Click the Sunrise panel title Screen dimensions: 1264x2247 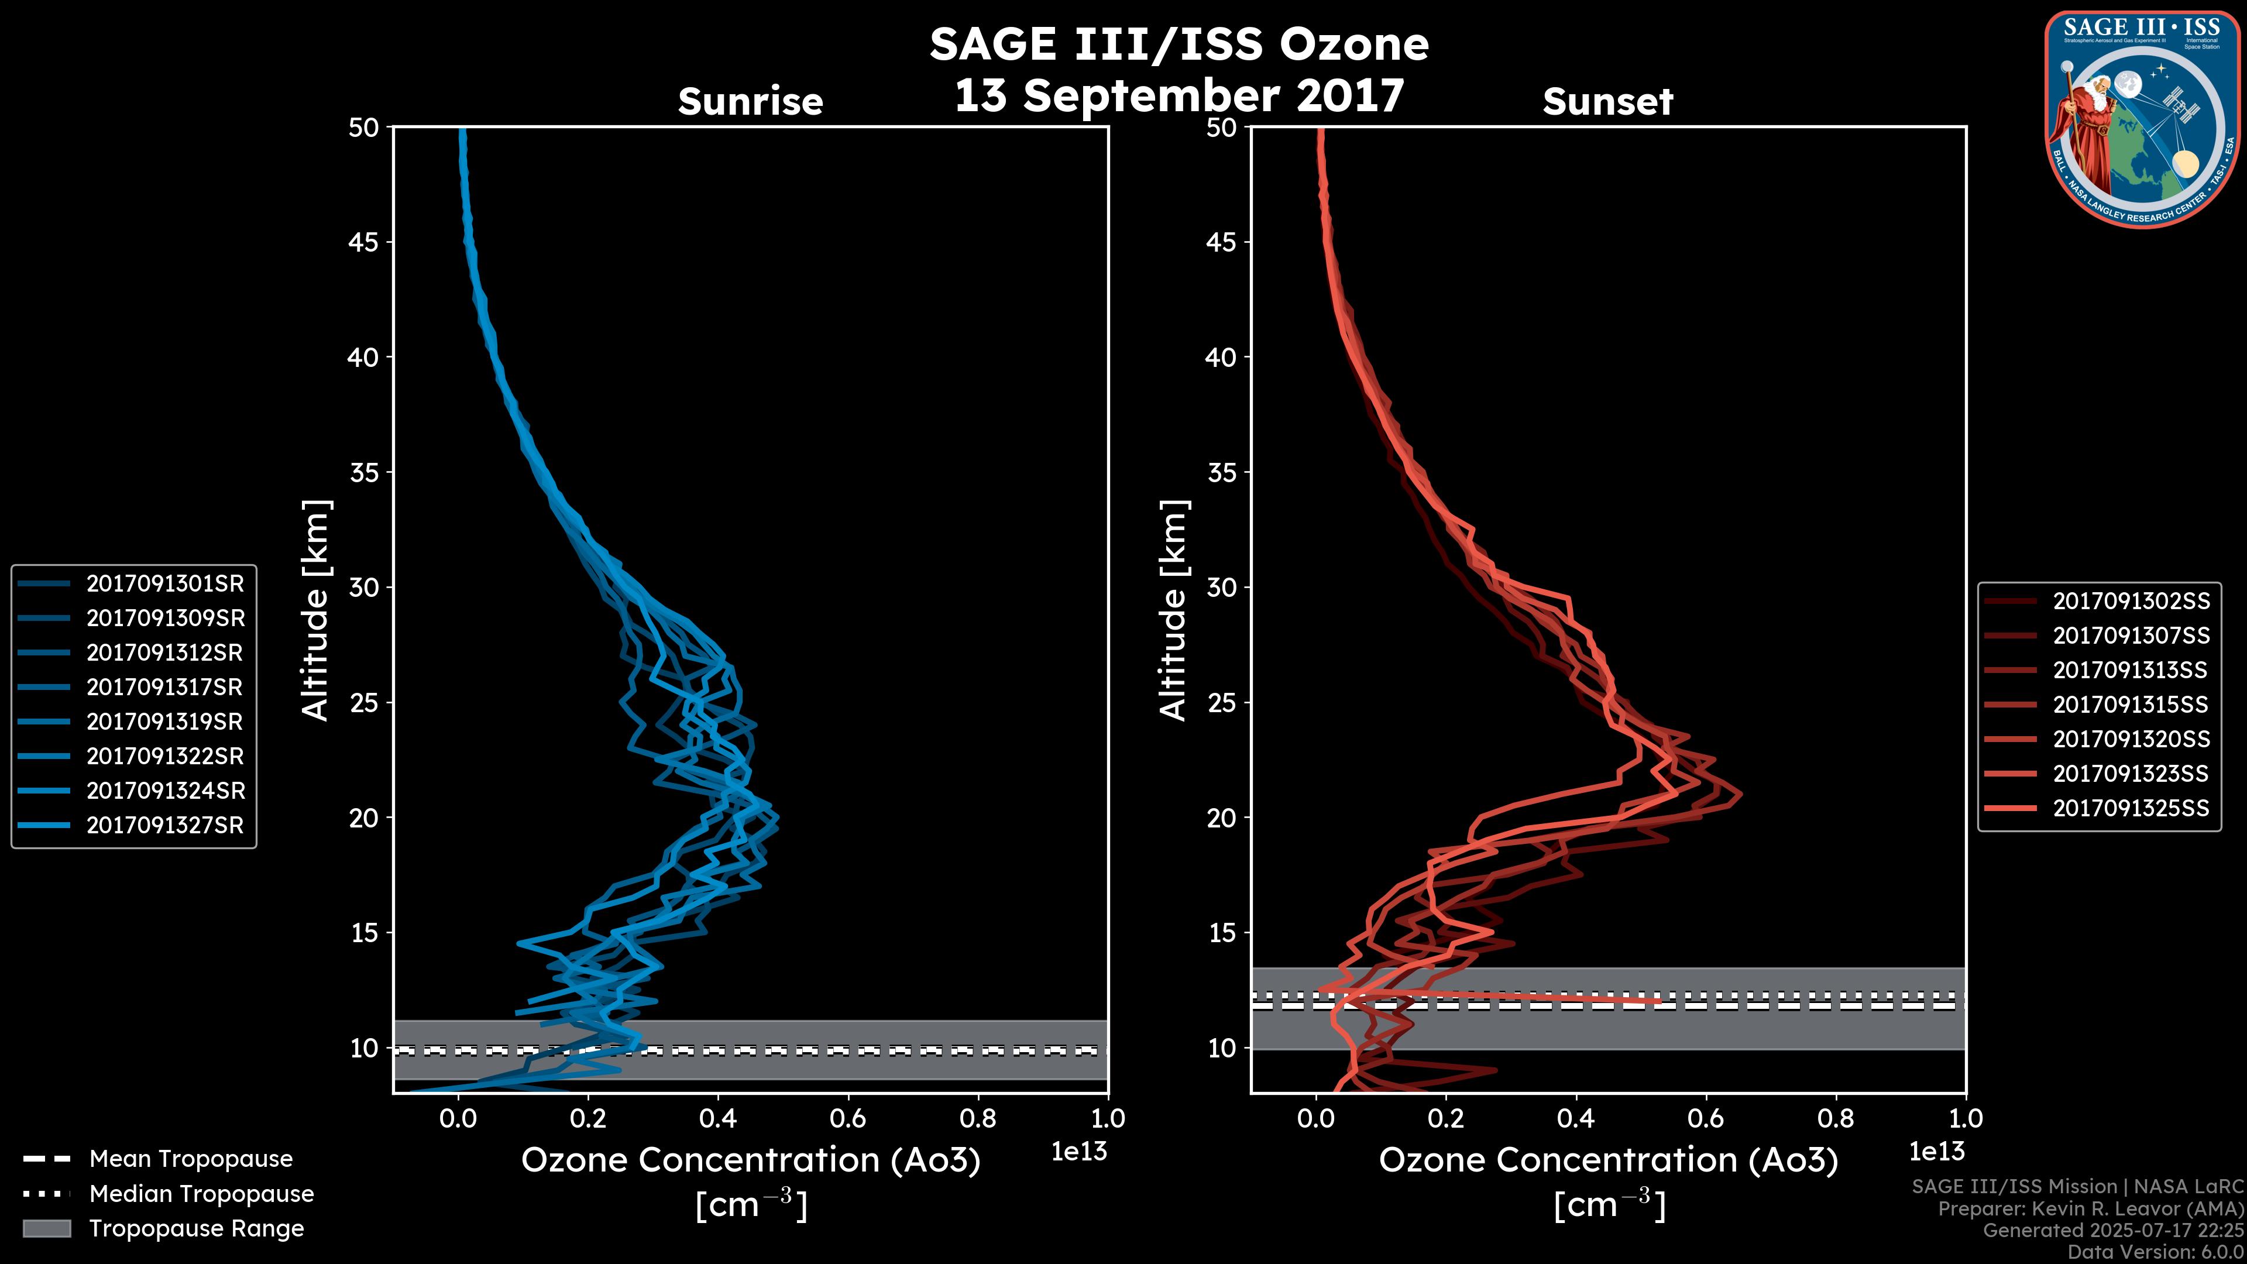pyautogui.click(x=750, y=101)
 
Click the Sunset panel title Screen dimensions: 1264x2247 pyautogui.click(x=1607, y=101)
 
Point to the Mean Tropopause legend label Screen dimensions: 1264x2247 pyautogui.click(x=191, y=1159)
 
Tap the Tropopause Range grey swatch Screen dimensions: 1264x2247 pyautogui.click(x=47, y=1228)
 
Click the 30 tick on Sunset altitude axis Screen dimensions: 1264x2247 pyautogui.click(x=1222, y=587)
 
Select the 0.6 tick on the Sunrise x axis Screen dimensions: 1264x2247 pyautogui.click(x=848, y=1118)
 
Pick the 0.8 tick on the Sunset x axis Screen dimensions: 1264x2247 pyautogui.click(x=1835, y=1118)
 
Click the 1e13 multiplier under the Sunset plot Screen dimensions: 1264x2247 pyautogui.click(x=1936, y=1152)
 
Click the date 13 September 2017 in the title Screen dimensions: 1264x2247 pyautogui.click(x=1179, y=95)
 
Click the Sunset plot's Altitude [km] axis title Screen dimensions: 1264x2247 pyautogui.click(x=1173, y=610)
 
